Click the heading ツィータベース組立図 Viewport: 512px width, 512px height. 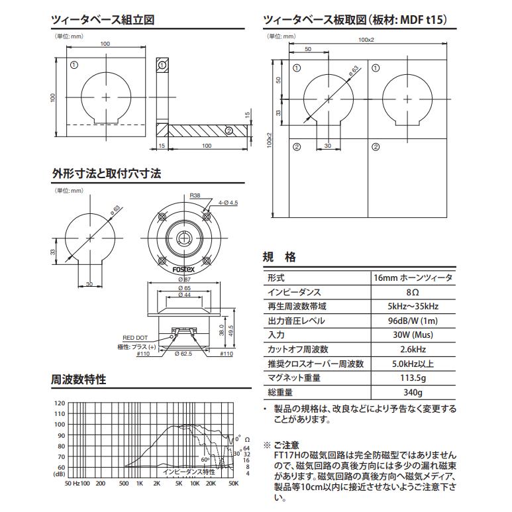coord(103,20)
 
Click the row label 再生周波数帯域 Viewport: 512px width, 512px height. coord(297,307)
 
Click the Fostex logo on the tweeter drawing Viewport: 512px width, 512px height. coord(183,271)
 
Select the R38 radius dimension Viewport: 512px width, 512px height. coord(195,196)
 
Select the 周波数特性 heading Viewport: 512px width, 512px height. coord(79,380)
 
